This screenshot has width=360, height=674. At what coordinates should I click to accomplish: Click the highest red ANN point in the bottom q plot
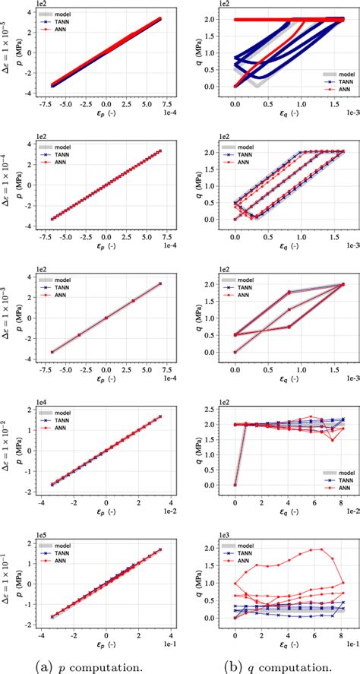pos(311,549)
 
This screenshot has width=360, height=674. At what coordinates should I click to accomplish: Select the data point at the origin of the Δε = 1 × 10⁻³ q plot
pos(235,352)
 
